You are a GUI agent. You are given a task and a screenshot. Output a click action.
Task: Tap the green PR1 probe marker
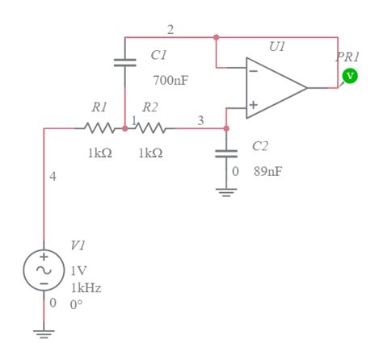click(349, 76)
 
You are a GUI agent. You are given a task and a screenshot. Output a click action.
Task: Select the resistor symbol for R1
click(99, 128)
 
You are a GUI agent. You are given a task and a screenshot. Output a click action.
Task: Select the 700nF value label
click(170, 81)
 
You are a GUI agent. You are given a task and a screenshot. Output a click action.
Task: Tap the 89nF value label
click(267, 172)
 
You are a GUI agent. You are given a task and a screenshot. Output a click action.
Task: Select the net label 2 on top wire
click(170, 30)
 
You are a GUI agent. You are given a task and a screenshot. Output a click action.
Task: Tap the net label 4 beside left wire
click(53, 177)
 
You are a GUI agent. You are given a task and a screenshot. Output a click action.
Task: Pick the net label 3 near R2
click(200, 120)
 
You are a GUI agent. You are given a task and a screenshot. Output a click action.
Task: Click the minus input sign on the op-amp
click(253, 70)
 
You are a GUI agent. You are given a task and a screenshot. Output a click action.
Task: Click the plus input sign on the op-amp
click(253, 104)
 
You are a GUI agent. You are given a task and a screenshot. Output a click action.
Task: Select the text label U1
click(277, 48)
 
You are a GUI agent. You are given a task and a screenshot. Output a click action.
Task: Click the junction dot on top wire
click(216, 37)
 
